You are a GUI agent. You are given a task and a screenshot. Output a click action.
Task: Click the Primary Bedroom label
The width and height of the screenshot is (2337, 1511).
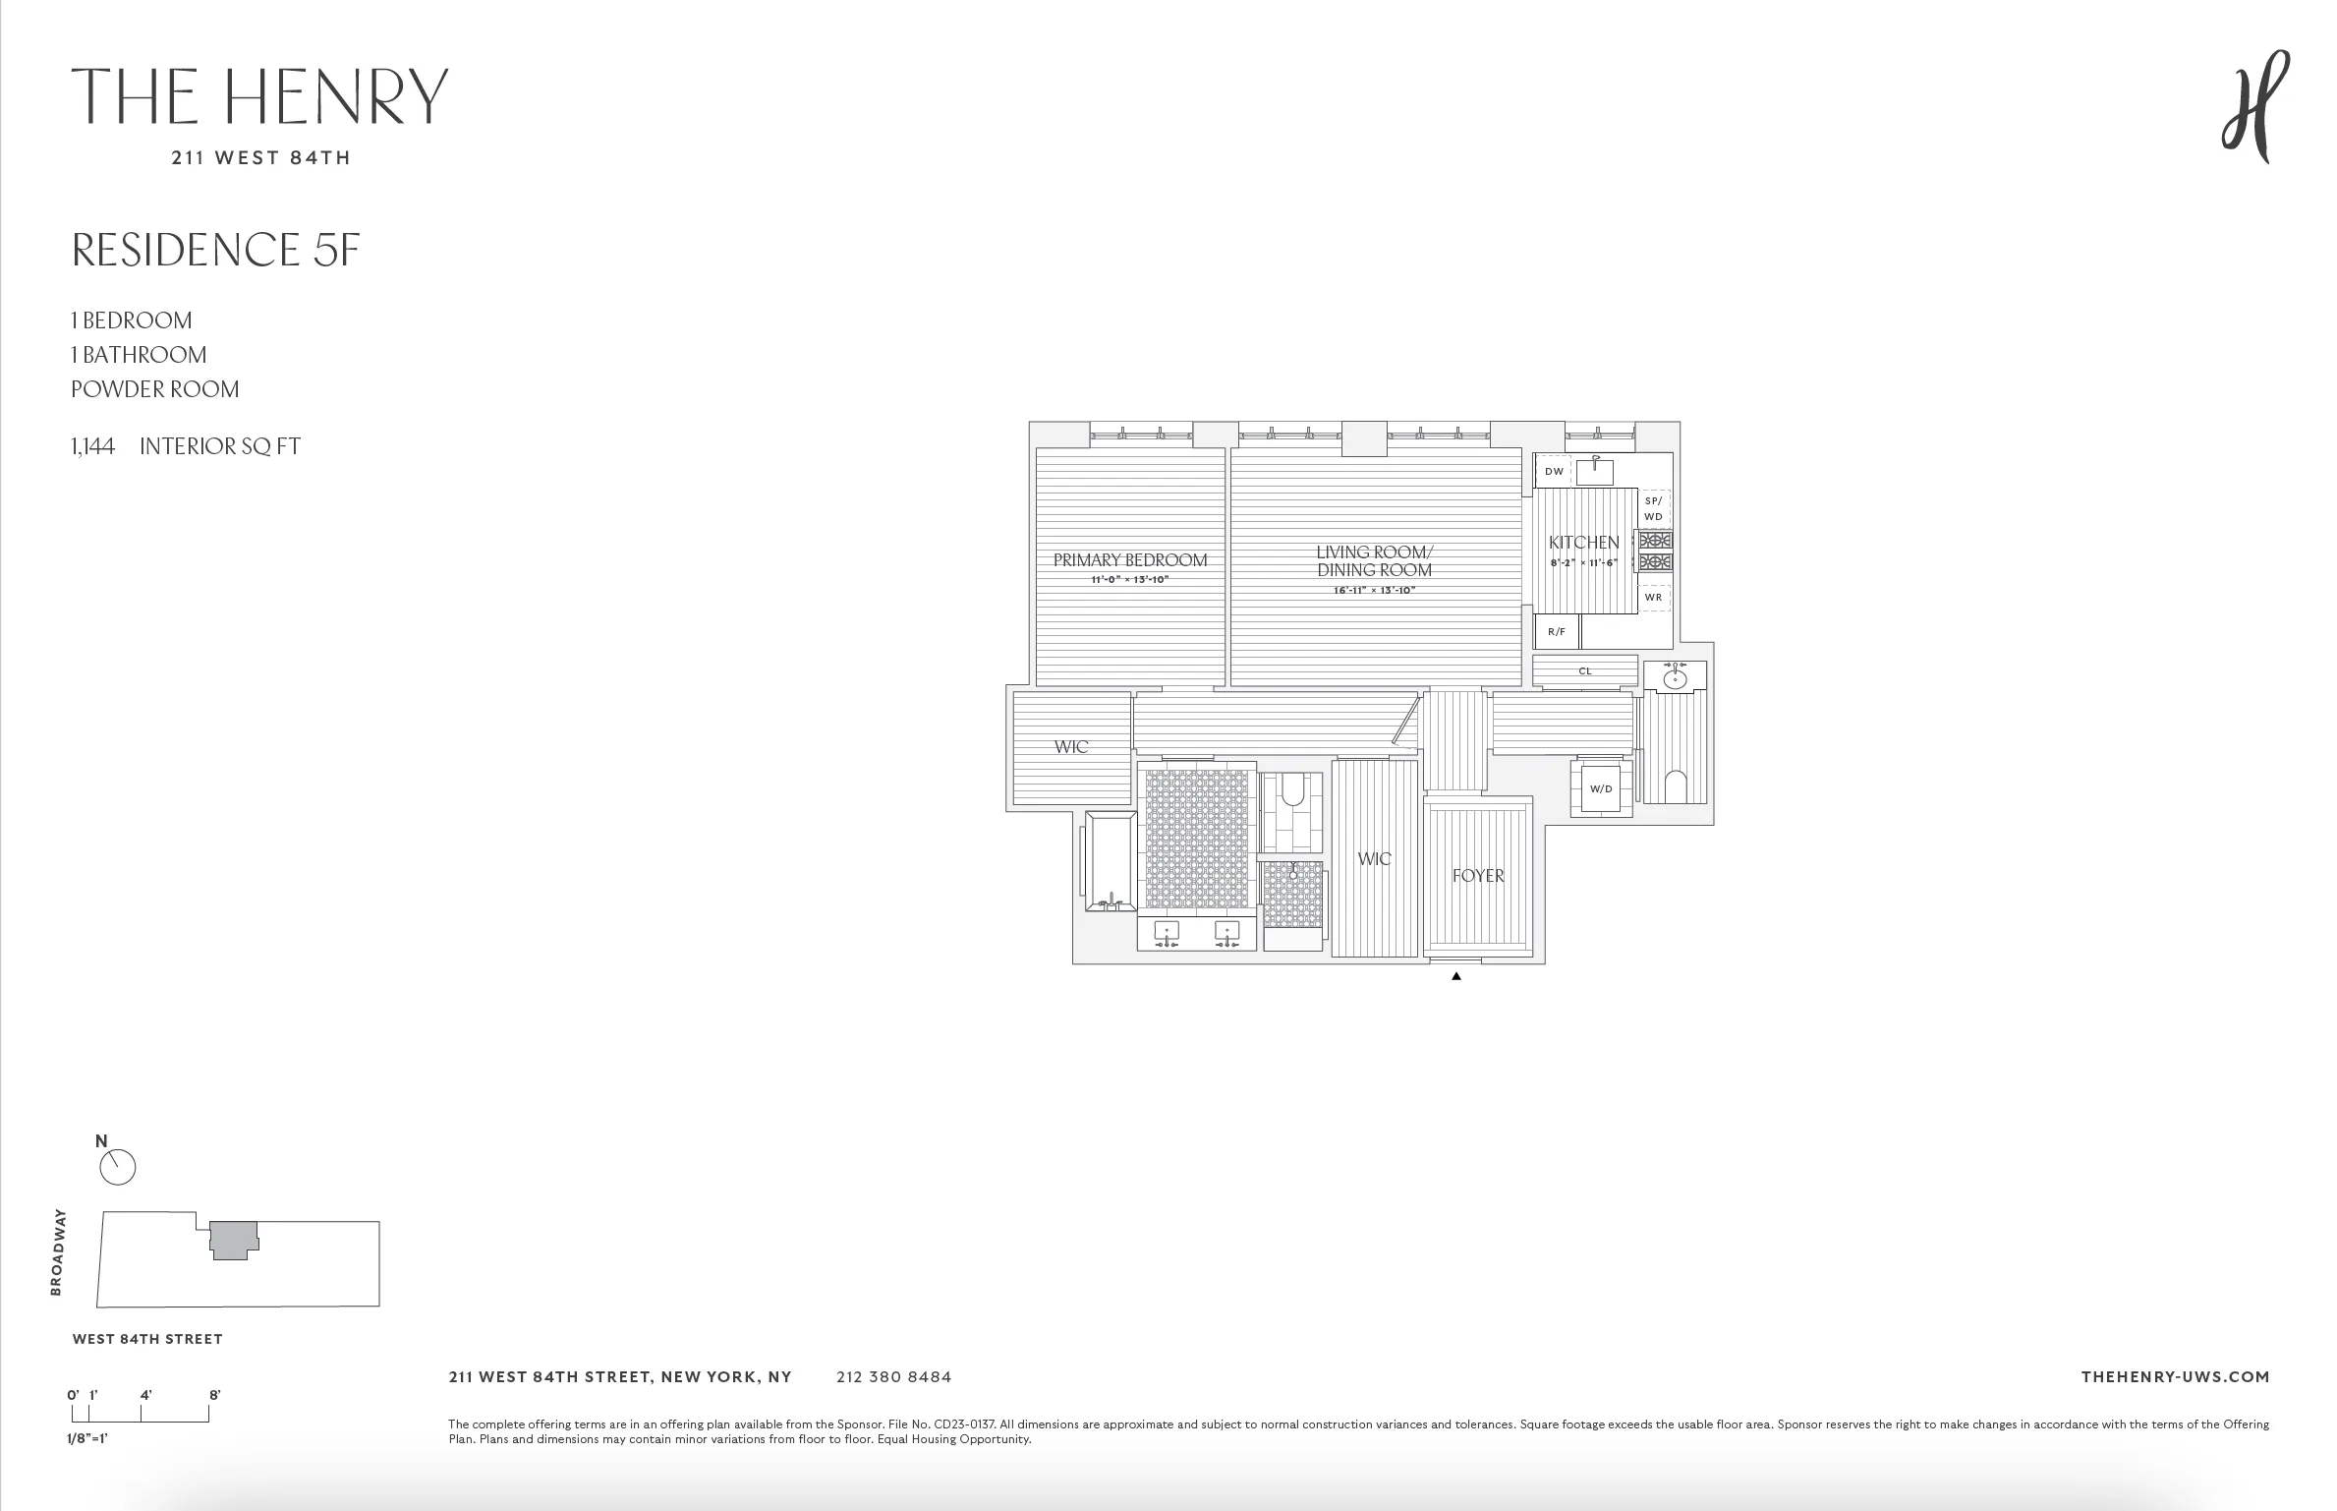click(1129, 560)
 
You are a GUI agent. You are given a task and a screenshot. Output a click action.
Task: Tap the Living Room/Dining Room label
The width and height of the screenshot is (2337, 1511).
click(1374, 561)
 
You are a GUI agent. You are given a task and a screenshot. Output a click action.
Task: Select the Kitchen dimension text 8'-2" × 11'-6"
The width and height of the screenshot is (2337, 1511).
click(1583, 563)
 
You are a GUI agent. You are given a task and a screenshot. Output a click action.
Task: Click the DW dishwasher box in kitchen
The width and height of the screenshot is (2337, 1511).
click(1554, 472)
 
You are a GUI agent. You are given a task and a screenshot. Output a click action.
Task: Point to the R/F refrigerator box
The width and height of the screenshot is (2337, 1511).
click(1557, 632)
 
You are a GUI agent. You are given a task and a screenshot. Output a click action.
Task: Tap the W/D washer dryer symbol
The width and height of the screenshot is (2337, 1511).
click(1601, 788)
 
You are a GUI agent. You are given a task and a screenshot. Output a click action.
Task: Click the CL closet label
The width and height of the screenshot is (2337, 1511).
click(1584, 671)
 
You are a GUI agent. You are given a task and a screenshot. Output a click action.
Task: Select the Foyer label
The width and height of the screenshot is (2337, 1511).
click(1478, 876)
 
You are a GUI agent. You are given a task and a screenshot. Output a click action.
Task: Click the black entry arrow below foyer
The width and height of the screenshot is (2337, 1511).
click(1456, 976)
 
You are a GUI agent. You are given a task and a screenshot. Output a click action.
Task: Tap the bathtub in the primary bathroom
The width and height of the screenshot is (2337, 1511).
click(1110, 861)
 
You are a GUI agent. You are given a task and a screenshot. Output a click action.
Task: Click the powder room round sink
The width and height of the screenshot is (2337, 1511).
click(1675, 678)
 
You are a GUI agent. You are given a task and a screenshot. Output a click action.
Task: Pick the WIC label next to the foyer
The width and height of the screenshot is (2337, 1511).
click(1374, 859)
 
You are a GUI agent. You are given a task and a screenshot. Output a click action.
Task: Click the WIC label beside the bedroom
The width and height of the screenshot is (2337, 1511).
click(1071, 747)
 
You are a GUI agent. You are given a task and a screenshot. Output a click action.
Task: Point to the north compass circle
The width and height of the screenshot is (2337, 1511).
click(118, 1168)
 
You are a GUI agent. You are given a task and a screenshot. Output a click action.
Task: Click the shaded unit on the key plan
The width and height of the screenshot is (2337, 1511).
click(233, 1240)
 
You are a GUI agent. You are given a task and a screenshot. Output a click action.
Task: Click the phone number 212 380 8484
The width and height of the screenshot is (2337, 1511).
click(893, 1377)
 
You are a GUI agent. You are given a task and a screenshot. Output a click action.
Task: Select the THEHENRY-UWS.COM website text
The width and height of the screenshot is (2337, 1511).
click(2175, 1377)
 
